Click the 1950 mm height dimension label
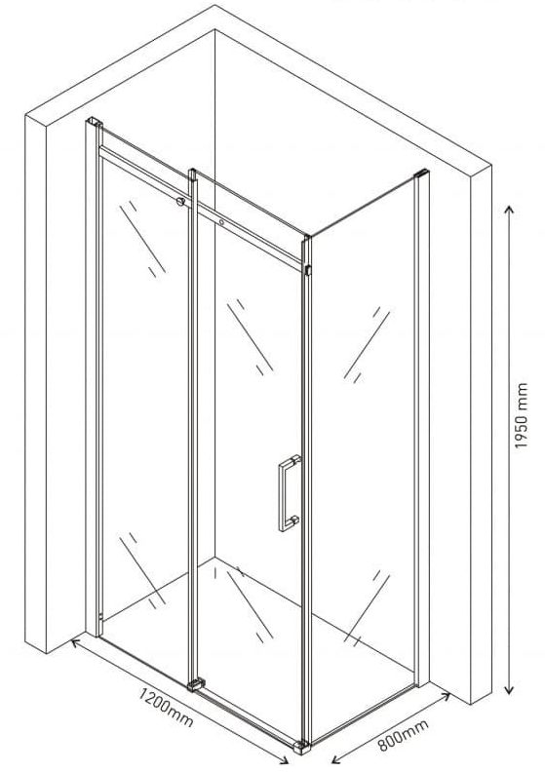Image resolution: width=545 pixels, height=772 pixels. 522,416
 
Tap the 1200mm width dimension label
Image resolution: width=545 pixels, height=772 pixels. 166,708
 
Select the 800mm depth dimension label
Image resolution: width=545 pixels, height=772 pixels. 403,735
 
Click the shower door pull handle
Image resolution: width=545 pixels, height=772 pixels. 290,493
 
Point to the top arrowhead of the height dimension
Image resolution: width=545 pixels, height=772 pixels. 510,211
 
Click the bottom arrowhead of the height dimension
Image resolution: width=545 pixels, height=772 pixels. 510,689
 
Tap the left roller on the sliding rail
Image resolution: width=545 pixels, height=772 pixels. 180,201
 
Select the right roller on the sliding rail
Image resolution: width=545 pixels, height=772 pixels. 222,222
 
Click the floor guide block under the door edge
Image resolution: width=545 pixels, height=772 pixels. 196,684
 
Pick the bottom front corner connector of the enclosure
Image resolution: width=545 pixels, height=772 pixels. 302,747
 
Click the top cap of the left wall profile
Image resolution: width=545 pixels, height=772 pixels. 94,121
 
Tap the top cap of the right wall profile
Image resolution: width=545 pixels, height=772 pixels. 421,173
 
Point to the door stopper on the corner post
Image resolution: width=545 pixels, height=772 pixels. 308,270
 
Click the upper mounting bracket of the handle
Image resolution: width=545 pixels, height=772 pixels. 294,460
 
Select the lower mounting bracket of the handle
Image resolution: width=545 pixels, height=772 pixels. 293,520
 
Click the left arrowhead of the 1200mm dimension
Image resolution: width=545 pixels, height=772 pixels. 75,642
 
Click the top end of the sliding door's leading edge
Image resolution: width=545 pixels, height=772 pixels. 192,173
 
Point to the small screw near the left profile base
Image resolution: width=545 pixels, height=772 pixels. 100,615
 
